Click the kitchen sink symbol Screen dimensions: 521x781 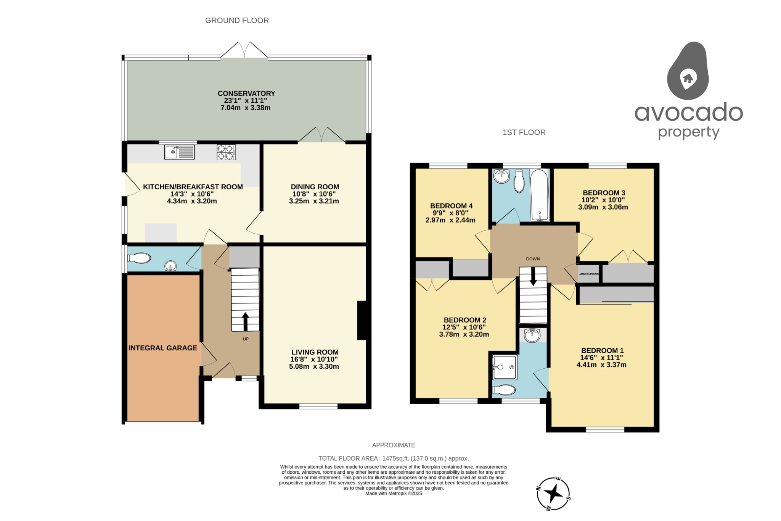179,152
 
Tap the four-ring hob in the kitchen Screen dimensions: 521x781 226,152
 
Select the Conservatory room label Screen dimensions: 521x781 246,94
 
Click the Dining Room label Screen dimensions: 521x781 315,187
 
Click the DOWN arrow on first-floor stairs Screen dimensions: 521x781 533,277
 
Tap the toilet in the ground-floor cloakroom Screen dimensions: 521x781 139,258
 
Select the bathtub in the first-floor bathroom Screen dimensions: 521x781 539,195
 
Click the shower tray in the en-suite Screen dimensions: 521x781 505,367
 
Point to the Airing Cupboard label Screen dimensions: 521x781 589,274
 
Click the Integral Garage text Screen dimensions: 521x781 163,348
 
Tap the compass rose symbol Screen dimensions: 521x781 553,494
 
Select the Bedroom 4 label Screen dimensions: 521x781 451,206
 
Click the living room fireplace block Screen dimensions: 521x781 361,320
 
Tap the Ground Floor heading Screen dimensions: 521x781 237,21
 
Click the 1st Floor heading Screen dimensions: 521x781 524,132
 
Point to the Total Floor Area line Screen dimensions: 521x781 394,458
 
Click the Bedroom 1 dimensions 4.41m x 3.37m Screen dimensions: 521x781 601,365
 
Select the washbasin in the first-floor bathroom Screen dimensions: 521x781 501,177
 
